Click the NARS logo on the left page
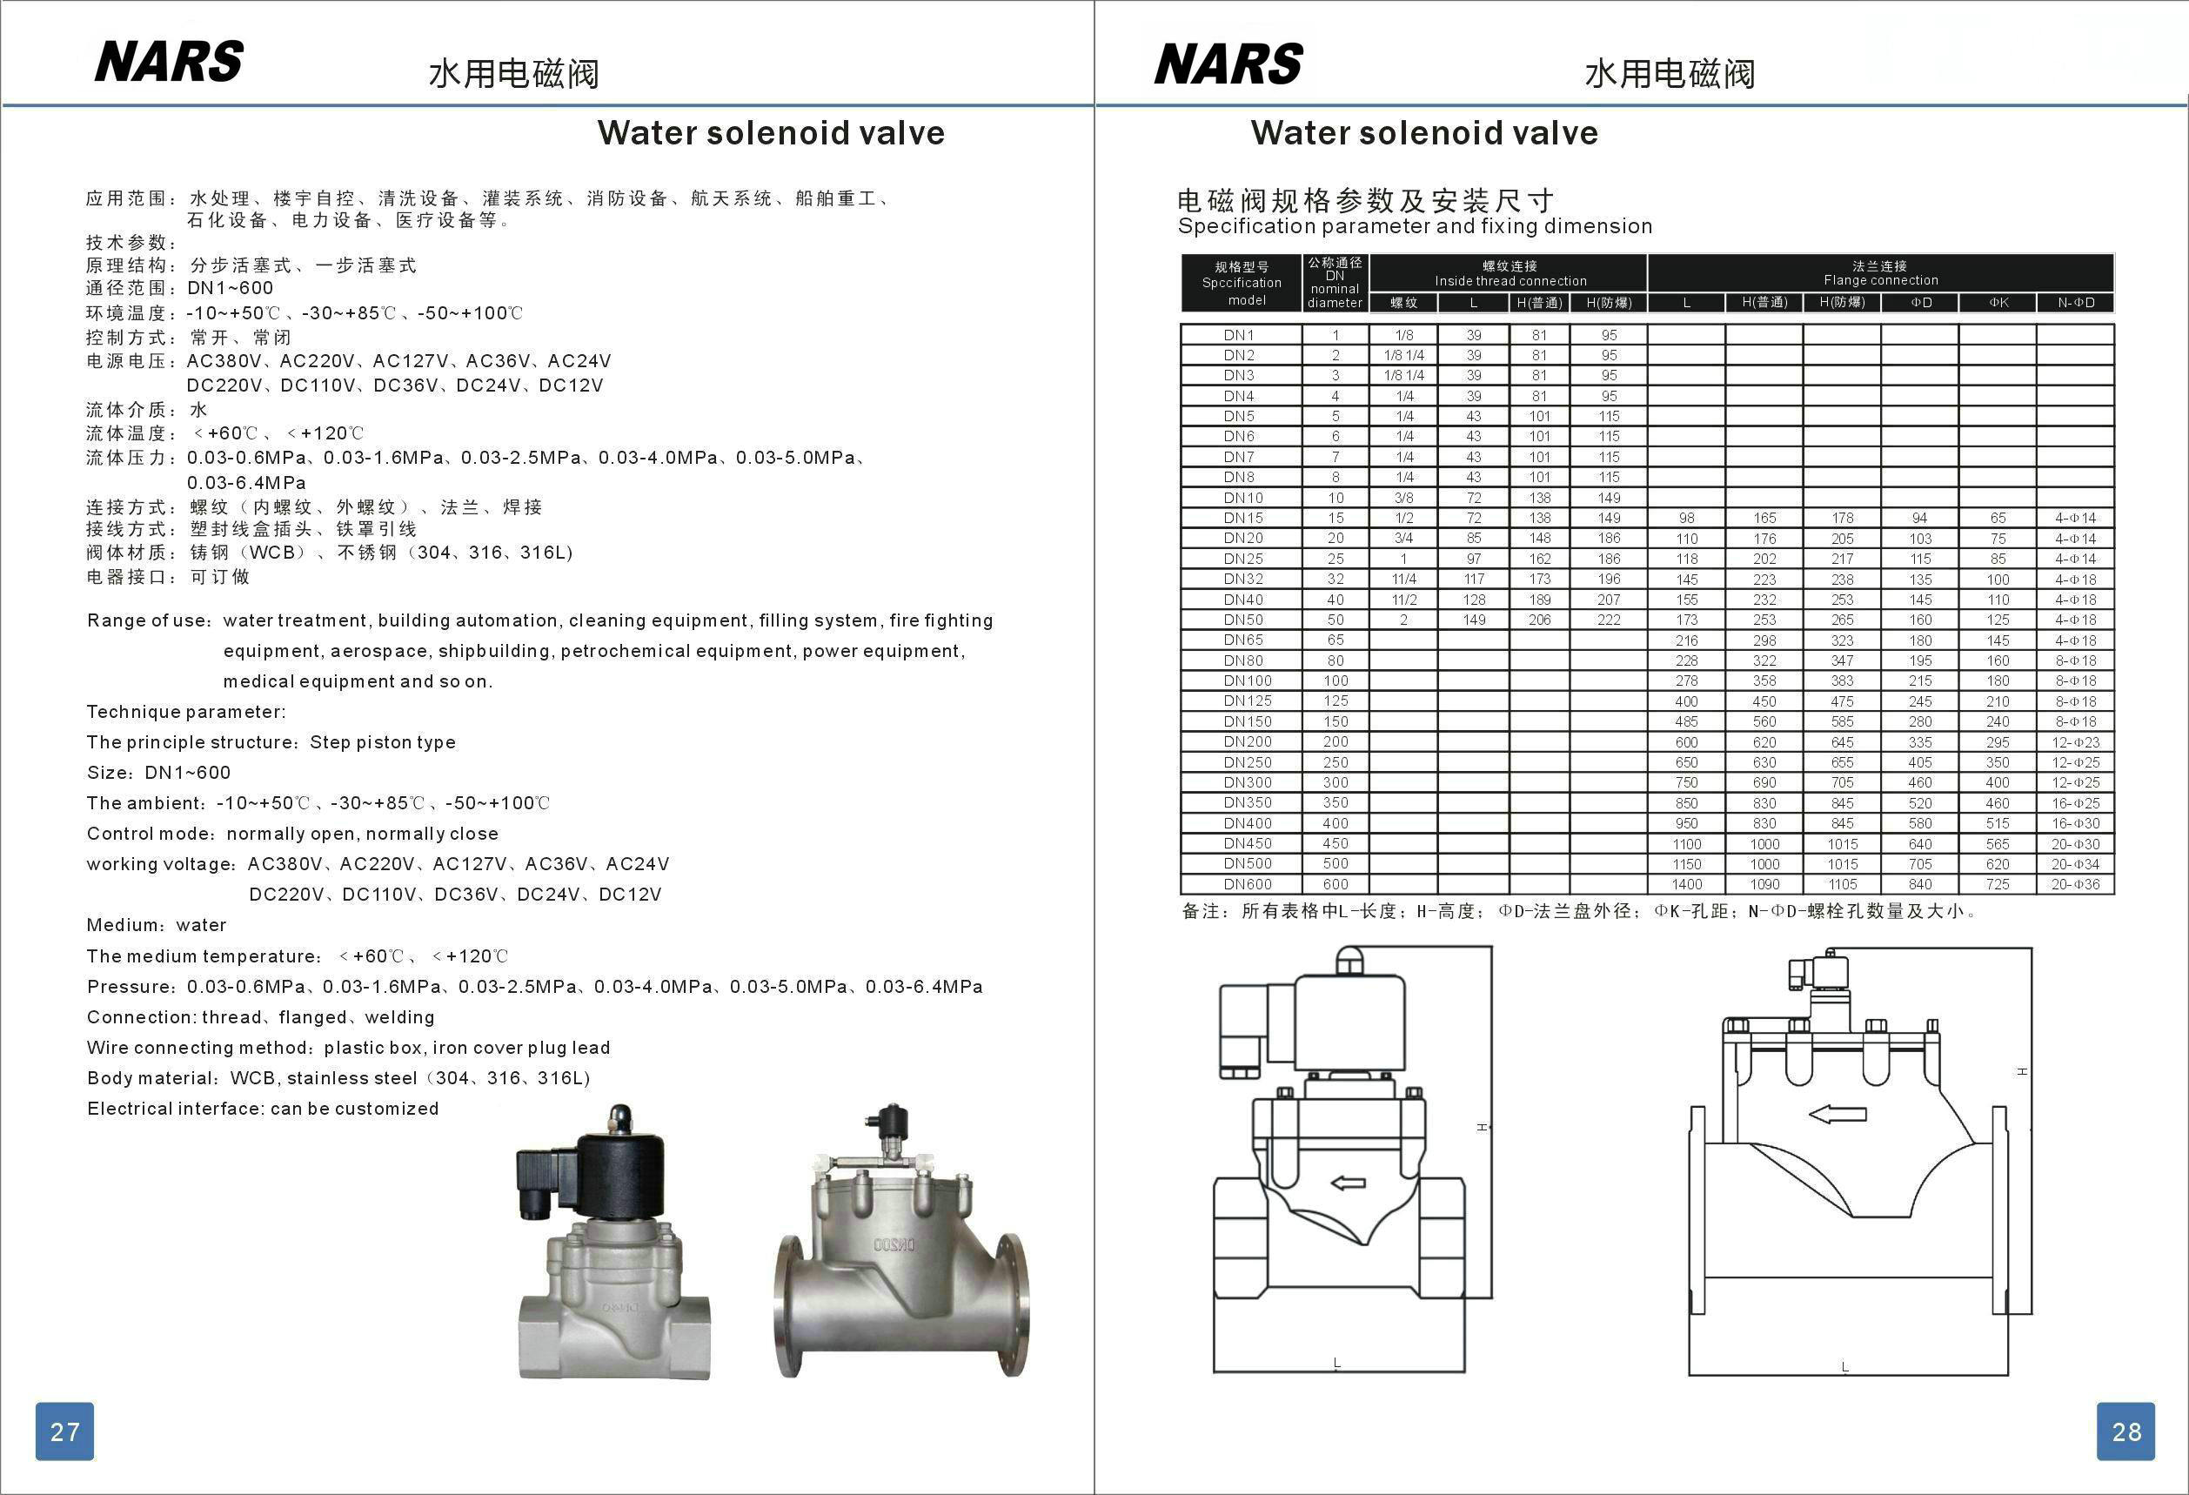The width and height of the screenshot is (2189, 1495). click(x=169, y=62)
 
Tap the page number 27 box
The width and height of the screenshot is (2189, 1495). click(x=65, y=1431)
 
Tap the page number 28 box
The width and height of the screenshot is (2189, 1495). click(x=2125, y=1431)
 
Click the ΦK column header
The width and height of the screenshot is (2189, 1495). click(x=1998, y=302)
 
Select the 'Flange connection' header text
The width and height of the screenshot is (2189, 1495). click(x=1880, y=281)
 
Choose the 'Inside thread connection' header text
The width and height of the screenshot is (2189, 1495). click(x=1510, y=282)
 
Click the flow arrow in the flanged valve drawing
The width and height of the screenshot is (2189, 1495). click(x=1838, y=1115)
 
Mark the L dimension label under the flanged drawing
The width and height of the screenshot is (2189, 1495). click(x=1844, y=1366)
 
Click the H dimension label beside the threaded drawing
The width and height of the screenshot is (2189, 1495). click(x=1481, y=1127)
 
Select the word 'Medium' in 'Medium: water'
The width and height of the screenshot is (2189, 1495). click(x=117, y=925)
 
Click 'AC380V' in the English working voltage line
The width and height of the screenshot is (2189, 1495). click(x=285, y=864)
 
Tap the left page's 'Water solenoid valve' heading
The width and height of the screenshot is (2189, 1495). click(x=771, y=133)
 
